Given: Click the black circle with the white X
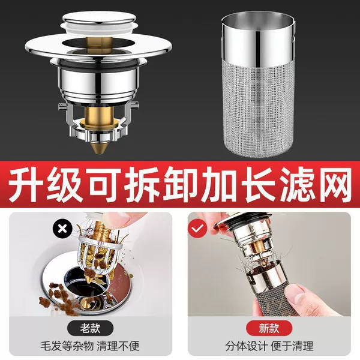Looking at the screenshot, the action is [62, 229].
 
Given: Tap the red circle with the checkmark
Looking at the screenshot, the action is [197, 229].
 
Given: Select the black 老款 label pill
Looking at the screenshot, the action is [90, 328].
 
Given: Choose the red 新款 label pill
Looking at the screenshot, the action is [269, 328].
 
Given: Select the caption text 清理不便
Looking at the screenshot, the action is [118, 346].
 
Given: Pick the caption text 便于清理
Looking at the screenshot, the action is [292, 346].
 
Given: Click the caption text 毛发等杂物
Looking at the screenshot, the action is [67, 346].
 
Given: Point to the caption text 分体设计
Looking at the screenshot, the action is [246, 346].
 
